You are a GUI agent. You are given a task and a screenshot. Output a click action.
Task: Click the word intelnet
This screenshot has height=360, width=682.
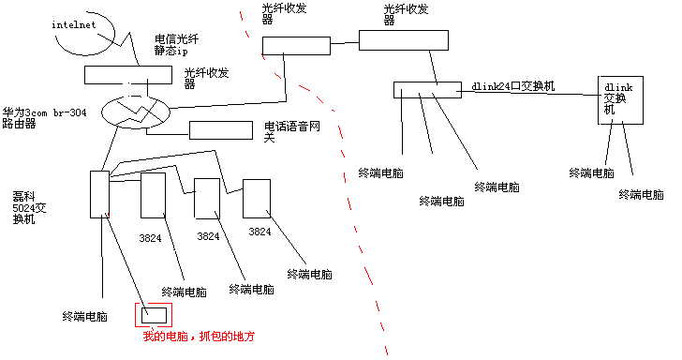(74, 24)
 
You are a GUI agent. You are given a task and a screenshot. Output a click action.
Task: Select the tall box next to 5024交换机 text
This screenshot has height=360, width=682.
(99, 194)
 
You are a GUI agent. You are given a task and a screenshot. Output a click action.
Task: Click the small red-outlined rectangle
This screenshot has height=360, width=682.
(154, 314)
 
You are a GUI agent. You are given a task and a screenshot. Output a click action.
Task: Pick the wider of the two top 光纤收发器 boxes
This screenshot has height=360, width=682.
(403, 39)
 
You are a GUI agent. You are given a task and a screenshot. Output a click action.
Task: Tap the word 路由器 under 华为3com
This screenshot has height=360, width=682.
(19, 123)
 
